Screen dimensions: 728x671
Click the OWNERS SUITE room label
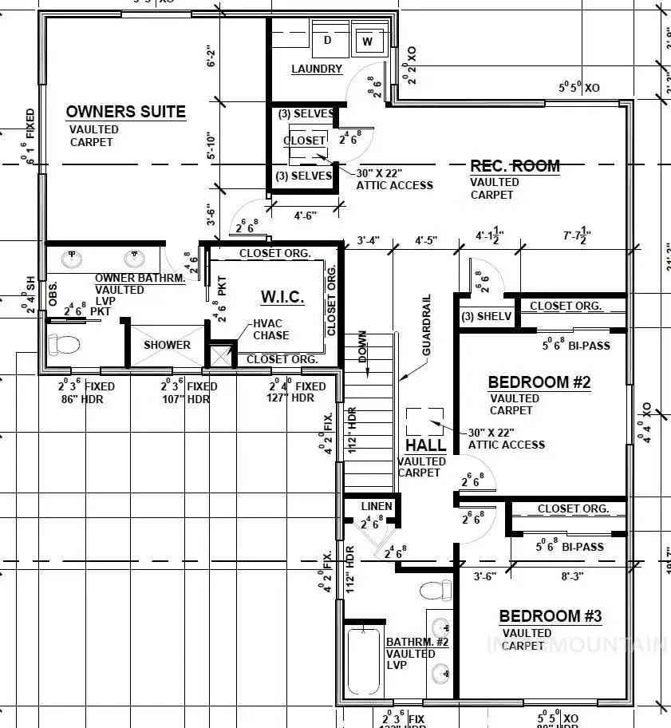click(x=125, y=112)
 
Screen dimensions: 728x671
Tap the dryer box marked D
click(x=327, y=40)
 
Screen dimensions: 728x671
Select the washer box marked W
click(x=367, y=40)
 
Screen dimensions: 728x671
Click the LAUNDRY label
click(x=317, y=69)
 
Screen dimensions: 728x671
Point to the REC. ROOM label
click(x=515, y=166)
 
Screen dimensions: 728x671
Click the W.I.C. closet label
click(x=282, y=297)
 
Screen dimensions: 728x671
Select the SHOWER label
click(x=167, y=345)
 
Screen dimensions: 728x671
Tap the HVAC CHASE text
click(x=271, y=330)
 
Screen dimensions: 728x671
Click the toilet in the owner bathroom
click(x=64, y=345)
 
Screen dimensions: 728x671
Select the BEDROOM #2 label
click(x=539, y=382)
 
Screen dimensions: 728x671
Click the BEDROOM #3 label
click(x=550, y=616)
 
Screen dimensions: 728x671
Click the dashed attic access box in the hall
click(x=424, y=420)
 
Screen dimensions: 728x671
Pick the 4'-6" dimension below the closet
click(x=306, y=215)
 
